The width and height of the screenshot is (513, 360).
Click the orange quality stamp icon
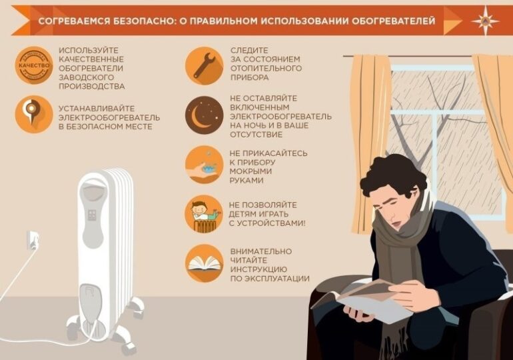point(33,65)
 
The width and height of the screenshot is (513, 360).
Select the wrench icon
point(204,65)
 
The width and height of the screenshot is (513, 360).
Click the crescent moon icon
point(204,115)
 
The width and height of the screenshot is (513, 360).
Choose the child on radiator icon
point(204,214)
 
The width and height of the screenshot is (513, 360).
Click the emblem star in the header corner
point(485,20)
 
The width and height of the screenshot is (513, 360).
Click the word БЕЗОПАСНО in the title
point(144,21)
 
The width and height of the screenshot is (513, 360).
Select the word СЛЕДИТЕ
point(249,50)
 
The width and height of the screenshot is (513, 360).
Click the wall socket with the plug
point(32,240)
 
